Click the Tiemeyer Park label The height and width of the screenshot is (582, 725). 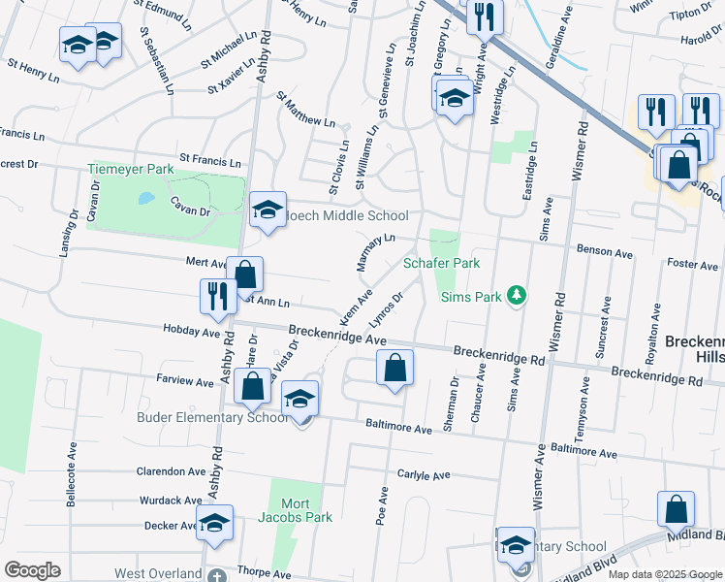coord(130,168)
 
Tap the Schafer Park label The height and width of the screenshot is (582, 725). coord(442,263)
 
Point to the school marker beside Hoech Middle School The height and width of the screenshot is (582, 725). coord(267,210)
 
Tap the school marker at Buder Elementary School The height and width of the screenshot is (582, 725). coord(300,400)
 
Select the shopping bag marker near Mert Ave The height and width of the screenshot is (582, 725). coord(246,275)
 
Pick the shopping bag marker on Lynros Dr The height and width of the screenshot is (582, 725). coord(394,368)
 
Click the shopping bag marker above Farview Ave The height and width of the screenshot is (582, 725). coord(252,386)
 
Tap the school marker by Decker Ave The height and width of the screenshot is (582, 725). coord(214,524)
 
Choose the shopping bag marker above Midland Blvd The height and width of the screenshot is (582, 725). coord(676,510)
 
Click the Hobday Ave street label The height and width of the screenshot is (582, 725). coord(198,332)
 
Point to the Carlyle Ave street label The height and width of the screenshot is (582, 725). coord(424,475)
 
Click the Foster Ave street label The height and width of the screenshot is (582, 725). coord(692,265)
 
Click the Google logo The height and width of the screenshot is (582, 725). coord(32,570)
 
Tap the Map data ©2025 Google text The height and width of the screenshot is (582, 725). coord(665,574)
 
